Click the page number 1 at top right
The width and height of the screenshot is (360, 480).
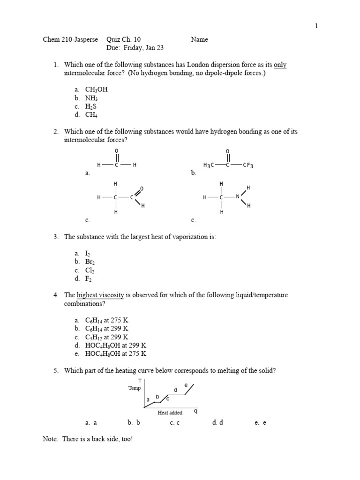click(x=316, y=26)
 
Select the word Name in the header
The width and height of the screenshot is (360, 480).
click(x=199, y=40)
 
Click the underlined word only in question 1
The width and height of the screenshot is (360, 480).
click(x=280, y=65)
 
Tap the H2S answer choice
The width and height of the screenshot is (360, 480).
click(x=91, y=106)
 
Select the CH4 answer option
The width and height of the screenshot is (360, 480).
click(x=91, y=115)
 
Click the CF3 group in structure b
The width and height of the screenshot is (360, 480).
click(x=248, y=165)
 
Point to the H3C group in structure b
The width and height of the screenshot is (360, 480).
click(x=209, y=165)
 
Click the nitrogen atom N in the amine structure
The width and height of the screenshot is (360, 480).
click(x=238, y=197)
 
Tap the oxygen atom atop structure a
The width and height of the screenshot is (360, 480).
click(x=116, y=150)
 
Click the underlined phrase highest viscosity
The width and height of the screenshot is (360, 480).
click(x=100, y=295)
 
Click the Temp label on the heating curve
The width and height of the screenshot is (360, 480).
click(x=134, y=388)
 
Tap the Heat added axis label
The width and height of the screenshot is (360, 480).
click(x=170, y=412)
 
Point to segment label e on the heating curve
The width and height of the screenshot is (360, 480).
click(x=186, y=385)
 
